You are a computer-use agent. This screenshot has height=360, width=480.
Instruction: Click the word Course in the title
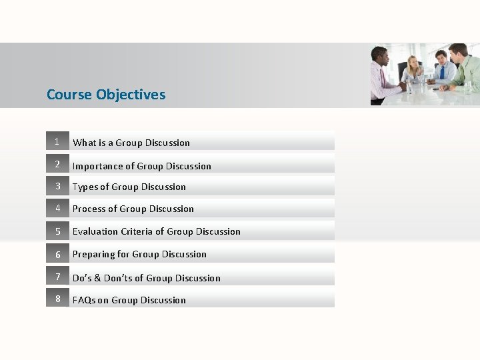click(x=69, y=95)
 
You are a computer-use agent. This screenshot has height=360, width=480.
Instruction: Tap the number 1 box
click(x=57, y=141)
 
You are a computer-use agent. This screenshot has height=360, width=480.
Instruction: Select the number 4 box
click(x=57, y=208)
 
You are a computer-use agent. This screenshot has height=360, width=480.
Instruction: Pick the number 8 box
click(x=57, y=299)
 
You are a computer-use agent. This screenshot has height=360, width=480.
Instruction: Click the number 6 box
click(x=57, y=254)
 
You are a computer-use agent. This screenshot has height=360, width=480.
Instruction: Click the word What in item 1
click(x=84, y=143)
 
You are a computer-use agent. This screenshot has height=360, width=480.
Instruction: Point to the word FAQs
click(x=85, y=300)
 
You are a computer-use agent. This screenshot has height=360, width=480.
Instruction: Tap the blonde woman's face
click(x=414, y=63)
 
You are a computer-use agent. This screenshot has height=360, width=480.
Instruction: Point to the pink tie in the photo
click(x=382, y=80)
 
